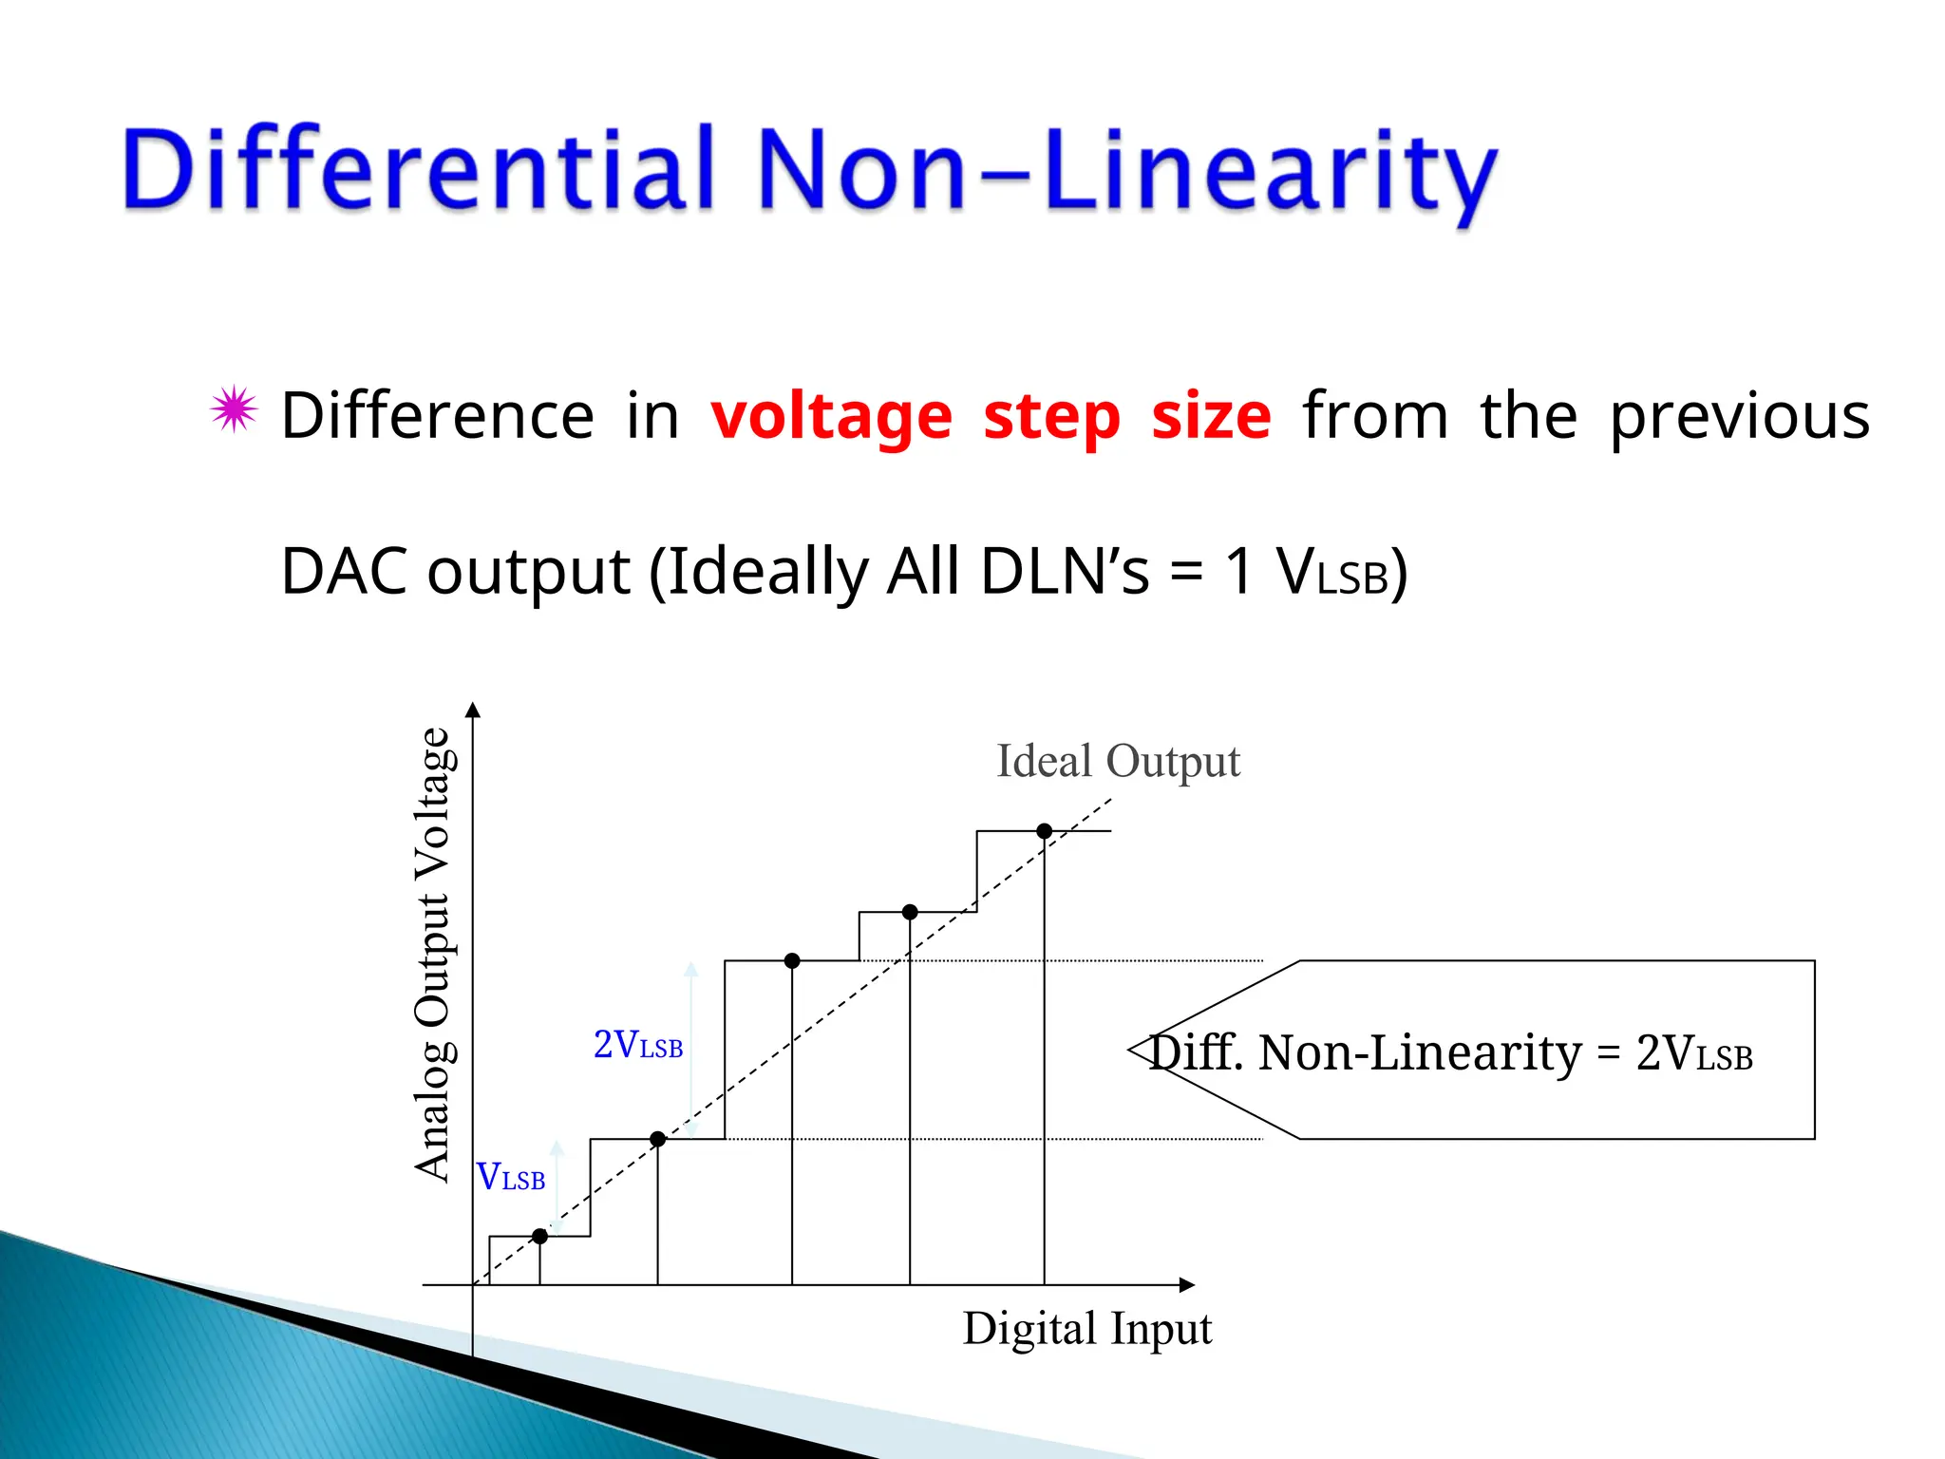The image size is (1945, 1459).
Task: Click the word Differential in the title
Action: [x=418, y=169]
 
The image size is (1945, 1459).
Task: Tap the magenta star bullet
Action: [x=234, y=410]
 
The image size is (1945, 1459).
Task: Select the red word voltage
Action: [x=831, y=418]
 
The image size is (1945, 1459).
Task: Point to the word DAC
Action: [x=346, y=572]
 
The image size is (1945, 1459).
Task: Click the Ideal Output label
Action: [x=1118, y=762]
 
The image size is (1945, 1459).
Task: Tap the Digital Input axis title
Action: [x=1086, y=1328]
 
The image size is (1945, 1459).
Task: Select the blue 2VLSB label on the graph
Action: [x=637, y=1045]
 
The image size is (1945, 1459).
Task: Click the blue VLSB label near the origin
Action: [x=510, y=1177]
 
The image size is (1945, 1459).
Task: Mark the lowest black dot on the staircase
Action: [x=539, y=1236]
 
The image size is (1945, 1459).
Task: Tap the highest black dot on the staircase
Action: [x=1044, y=831]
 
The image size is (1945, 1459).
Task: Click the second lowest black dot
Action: [x=657, y=1139]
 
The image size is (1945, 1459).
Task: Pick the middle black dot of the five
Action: [x=792, y=961]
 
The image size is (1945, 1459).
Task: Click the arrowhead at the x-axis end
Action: [x=1186, y=1285]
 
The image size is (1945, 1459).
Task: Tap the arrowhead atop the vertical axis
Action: [x=473, y=710]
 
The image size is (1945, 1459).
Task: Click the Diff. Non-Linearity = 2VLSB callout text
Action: [x=1450, y=1052]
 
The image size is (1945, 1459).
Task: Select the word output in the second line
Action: [x=528, y=572]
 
